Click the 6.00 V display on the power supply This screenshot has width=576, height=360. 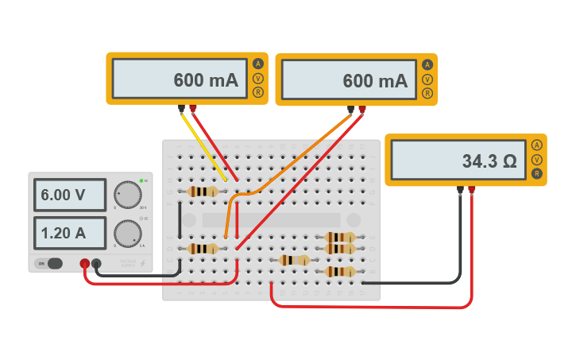(70, 195)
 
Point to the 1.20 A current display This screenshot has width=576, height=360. (70, 233)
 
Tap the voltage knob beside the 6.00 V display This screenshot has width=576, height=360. (127, 195)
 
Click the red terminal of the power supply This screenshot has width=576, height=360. (85, 263)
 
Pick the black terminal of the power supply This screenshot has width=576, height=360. (97, 263)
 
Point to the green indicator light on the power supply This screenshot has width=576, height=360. (141, 181)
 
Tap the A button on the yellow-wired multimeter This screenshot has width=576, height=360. (257, 64)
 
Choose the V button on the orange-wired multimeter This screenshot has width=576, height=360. (427, 79)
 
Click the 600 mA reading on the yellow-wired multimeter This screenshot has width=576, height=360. (180, 79)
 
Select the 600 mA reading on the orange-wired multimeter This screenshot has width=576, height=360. (349, 79)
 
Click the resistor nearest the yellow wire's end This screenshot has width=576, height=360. (203, 192)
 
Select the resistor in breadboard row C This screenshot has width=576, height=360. (294, 260)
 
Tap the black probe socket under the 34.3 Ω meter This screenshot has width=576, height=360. (460, 190)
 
